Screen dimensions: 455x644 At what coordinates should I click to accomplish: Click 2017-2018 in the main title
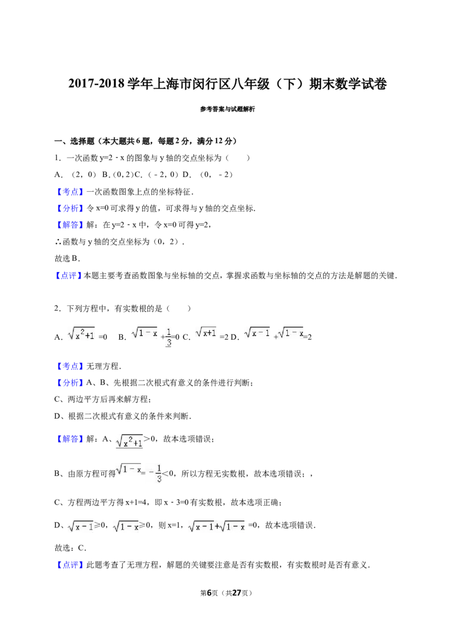(96, 84)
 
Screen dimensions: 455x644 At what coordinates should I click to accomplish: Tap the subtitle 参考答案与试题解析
(227, 109)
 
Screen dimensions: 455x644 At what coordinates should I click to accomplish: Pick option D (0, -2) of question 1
(208, 175)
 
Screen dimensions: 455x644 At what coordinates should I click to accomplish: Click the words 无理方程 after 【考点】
(103, 366)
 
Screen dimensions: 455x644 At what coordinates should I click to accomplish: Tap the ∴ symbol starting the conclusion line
(58, 242)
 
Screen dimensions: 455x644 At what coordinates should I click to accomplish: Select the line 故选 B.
(67, 259)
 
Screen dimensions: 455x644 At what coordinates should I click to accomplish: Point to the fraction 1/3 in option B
(168, 337)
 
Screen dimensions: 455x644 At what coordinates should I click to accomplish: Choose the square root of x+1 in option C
(206, 332)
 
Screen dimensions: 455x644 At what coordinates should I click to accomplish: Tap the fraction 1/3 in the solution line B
(159, 473)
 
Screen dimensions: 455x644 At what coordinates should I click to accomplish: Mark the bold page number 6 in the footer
(209, 593)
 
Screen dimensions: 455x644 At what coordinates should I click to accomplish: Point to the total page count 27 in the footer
(237, 593)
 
